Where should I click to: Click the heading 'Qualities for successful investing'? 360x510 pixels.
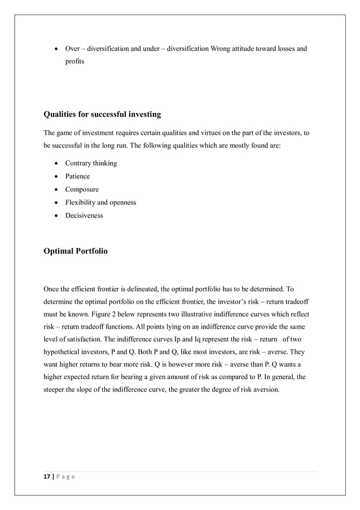point(102,115)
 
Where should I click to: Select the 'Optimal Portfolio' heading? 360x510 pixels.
point(75,251)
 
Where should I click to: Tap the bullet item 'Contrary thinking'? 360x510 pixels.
point(91,163)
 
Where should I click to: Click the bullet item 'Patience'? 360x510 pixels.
point(77,176)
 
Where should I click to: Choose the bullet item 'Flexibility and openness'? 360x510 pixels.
point(100,202)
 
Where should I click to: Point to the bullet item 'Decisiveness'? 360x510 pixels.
point(84,215)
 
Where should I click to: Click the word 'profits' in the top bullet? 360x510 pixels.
point(74,62)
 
